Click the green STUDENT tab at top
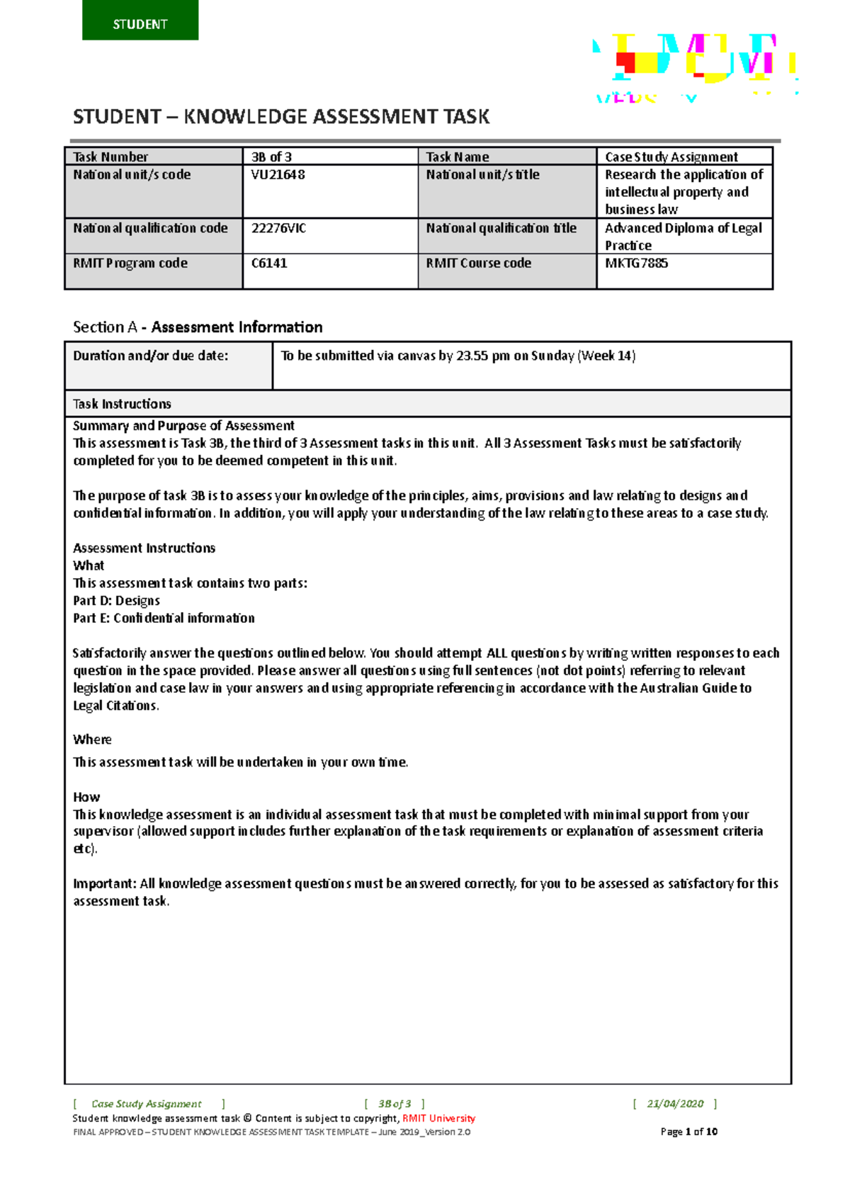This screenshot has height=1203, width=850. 140,21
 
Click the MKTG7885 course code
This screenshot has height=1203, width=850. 636,264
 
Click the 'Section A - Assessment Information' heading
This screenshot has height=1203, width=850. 198,327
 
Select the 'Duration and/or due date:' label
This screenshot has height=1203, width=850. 151,356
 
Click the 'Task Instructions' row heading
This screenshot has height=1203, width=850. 122,404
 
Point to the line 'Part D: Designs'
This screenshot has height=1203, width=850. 116,601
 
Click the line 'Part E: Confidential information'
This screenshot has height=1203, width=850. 164,618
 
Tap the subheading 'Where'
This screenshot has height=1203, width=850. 92,740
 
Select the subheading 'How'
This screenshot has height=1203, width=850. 86,797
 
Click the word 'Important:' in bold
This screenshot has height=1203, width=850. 105,883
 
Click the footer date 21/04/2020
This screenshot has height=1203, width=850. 675,1104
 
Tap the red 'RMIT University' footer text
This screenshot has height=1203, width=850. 438,1119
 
